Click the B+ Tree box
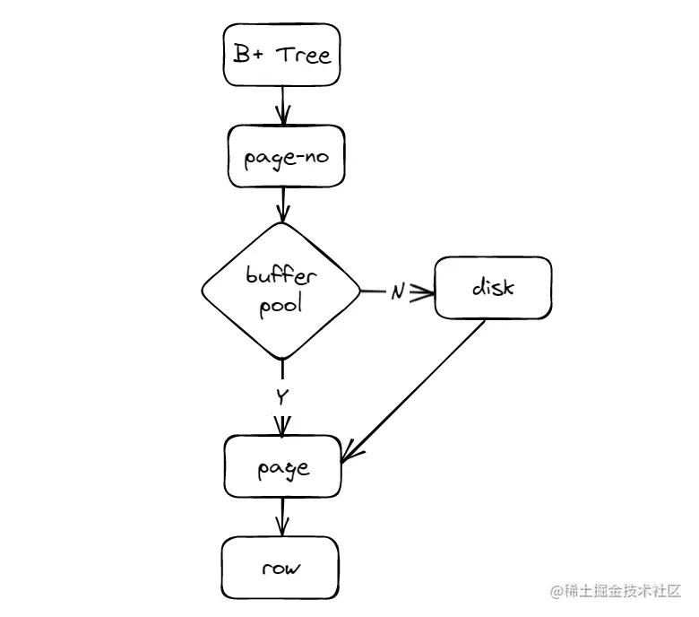coord(282,56)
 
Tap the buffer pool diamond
coord(281,290)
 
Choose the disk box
coord(493,288)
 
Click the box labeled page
coord(282,466)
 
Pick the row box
coord(282,568)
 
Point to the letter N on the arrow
coord(398,292)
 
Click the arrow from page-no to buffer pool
coord(282,204)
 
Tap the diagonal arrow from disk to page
coord(412,390)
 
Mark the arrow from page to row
coord(282,517)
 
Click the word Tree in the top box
coord(303,56)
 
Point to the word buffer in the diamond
coord(281,275)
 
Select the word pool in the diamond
coord(281,305)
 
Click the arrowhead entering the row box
coord(282,530)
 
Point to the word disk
coord(493,288)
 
